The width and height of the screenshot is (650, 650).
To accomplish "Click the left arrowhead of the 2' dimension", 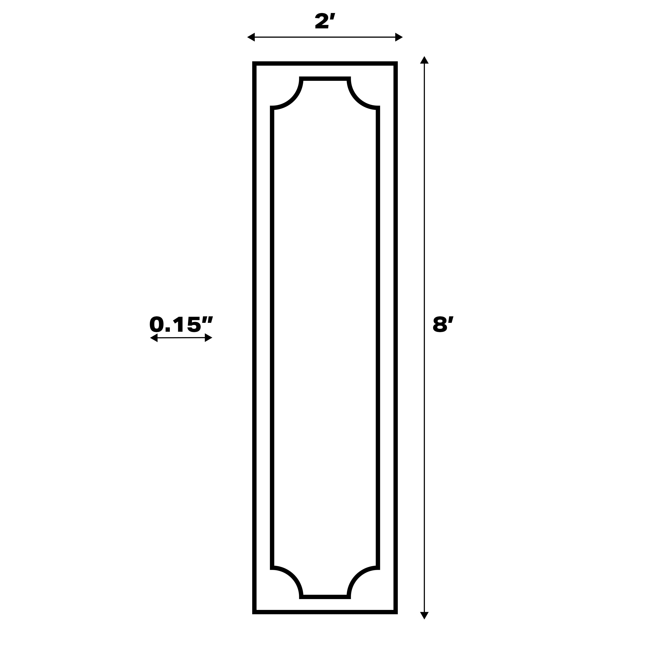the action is [x=251, y=37].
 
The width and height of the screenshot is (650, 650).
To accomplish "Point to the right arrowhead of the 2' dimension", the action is [x=399, y=37].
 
